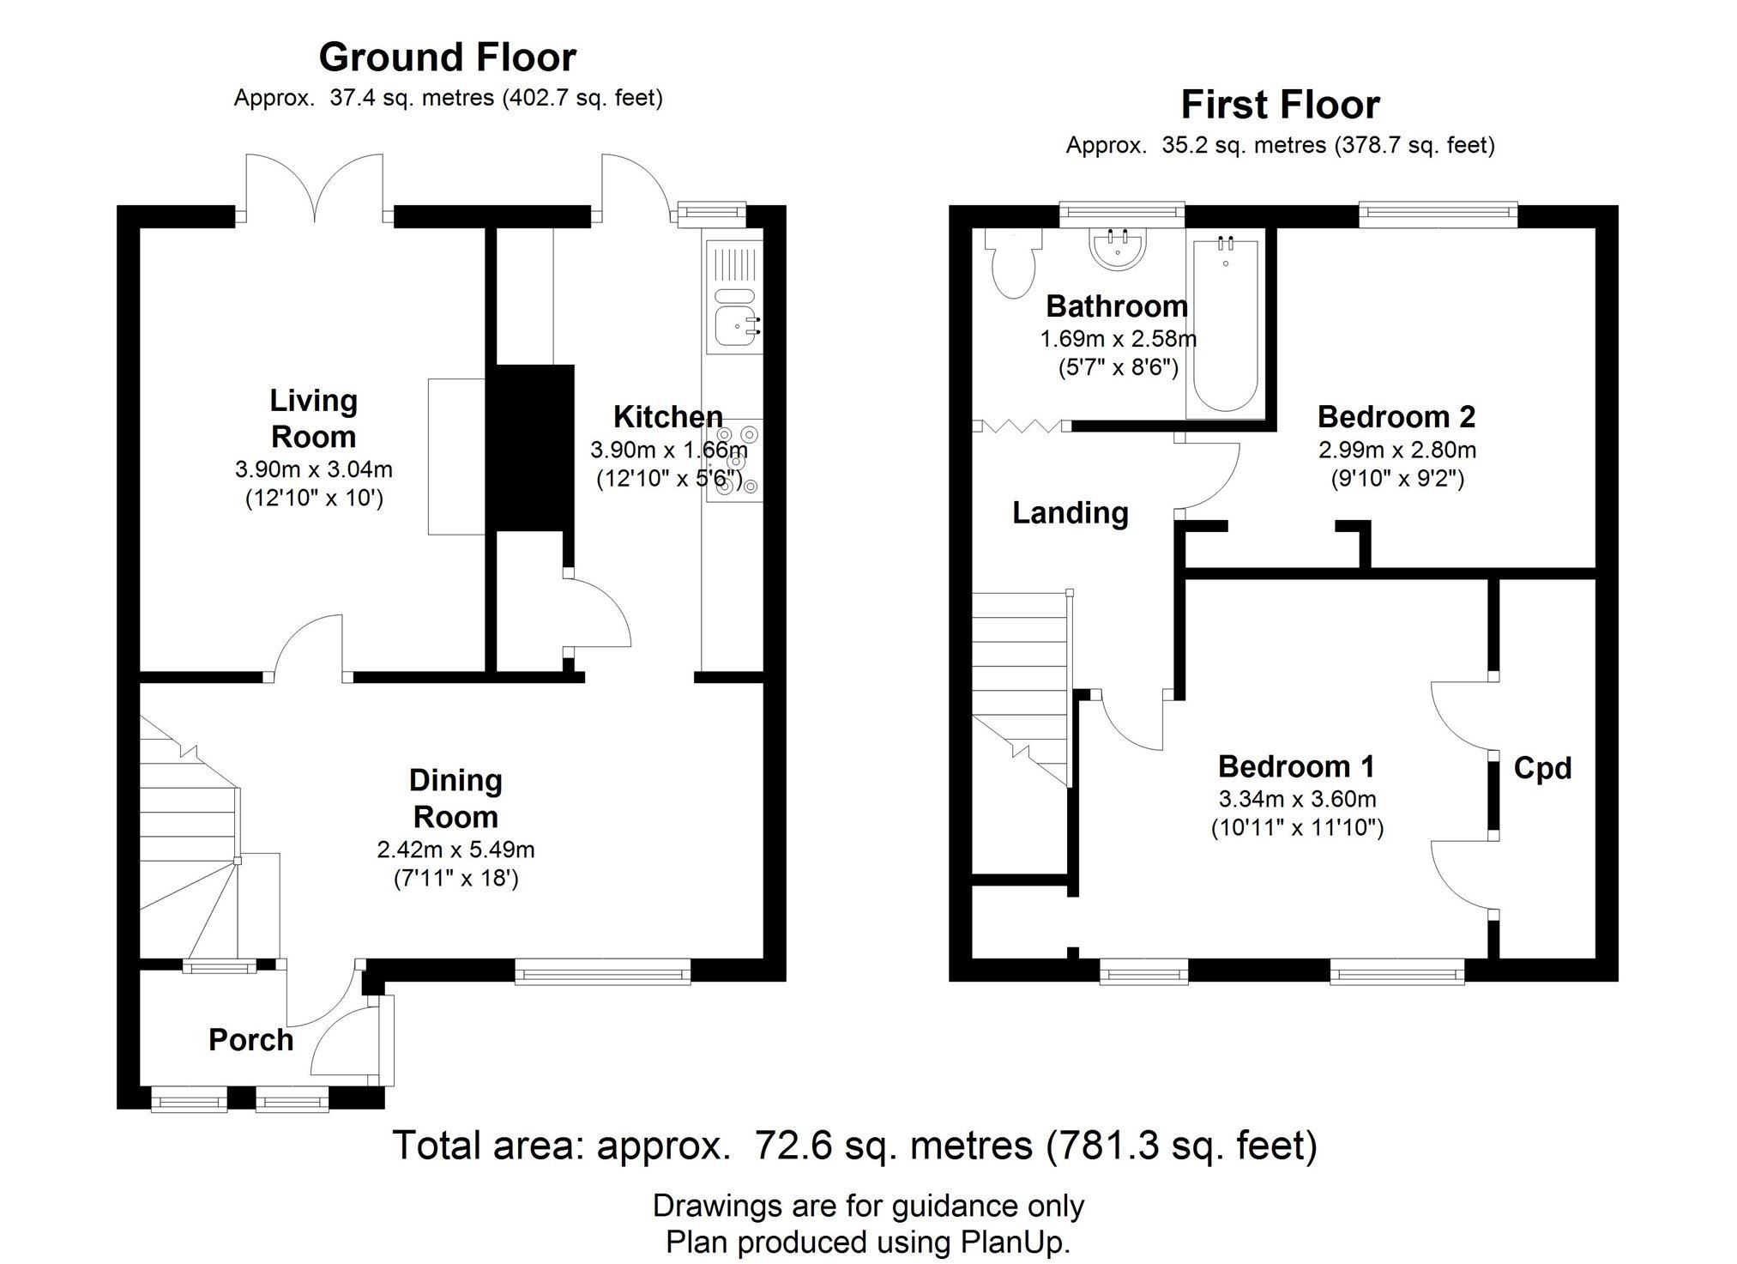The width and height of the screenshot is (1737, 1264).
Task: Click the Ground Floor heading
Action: (x=447, y=58)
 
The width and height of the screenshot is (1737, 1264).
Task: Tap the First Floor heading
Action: (x=1280, y=106)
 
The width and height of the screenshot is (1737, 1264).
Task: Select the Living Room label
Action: (x=313, y=419)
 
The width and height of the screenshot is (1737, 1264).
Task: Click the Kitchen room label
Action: (x=667, y=417)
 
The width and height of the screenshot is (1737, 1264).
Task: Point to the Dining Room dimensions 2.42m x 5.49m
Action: (x=455, y=850)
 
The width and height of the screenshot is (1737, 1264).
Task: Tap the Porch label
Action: (x=250, y=1040)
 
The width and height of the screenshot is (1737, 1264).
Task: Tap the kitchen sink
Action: (x=733, y=319)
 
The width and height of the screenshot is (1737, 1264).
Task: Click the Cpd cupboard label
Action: (x=1542, y=768)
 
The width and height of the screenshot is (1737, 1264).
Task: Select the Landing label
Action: (x=1070, y=513)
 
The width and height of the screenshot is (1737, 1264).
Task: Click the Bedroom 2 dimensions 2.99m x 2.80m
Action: (x=1396, y=450)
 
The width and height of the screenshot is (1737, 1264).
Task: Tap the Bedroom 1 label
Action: (x=1296, y=765)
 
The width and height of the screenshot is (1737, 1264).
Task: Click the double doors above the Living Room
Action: (x=314, y=184)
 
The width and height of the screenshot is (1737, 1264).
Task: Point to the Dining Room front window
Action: (x=602, y=971)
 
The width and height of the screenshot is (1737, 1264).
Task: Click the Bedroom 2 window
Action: (x=1438, y=214)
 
